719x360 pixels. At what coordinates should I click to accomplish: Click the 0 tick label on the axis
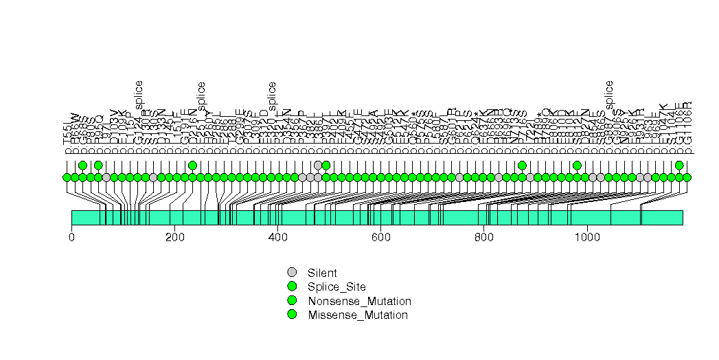click(x=71, y=237)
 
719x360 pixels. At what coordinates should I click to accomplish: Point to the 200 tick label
click(x=174, y=237)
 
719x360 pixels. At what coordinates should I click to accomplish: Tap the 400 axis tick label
click(x=277, y=237)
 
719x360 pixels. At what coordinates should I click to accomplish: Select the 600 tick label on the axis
click(x=380, y=237)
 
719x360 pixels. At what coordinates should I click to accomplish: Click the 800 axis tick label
click(x=483, y=237)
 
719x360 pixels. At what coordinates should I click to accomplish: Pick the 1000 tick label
click(x=586, y=237)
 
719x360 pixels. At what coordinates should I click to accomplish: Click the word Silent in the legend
click(x=322, y=273)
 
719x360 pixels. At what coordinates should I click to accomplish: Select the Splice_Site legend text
click(x=337, y=286)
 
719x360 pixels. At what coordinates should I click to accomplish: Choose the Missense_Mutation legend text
click(x=358, y=315)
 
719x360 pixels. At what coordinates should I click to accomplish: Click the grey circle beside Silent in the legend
click(x=292, y=272)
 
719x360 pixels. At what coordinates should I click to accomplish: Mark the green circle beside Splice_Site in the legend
click(x=292, y=286)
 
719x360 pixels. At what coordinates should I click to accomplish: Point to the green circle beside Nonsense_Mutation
click(x=292, y=301)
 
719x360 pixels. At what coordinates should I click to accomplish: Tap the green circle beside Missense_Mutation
click(x=292, y=315)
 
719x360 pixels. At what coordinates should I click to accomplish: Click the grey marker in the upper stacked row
click(x=318, y=165)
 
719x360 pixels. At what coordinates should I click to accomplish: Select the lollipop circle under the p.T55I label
click(x=67, y=177)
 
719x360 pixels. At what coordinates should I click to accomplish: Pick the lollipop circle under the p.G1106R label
click(x=687, y=177)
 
